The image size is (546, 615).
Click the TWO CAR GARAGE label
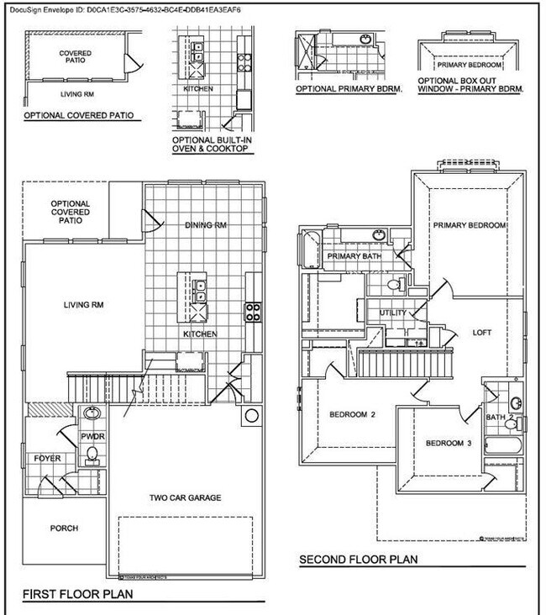coord(186,497)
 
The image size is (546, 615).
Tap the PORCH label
coord(64,528)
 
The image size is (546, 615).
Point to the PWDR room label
coord(92,437)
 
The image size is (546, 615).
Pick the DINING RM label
coord(205,225)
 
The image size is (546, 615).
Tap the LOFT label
coord(482,332)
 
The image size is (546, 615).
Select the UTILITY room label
coord(393,313)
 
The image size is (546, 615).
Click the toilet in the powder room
coord(92,455)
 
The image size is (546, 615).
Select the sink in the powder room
coord(92,413)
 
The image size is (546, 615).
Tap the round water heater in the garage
coord(250,416)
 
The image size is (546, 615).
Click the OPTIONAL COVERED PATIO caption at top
coord(79,114)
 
